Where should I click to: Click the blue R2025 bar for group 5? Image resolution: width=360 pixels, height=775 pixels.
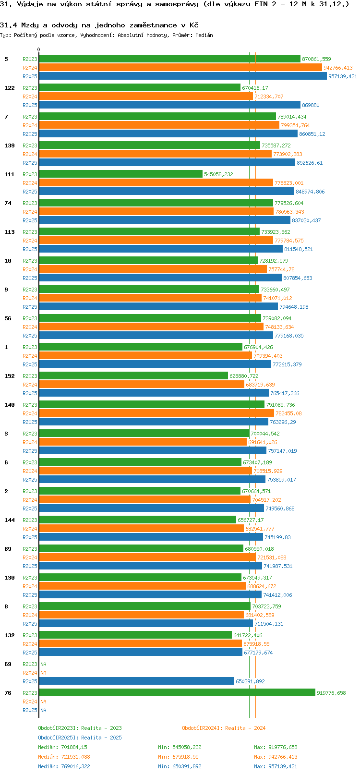182,76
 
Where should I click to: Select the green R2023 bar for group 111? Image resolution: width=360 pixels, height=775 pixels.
120,174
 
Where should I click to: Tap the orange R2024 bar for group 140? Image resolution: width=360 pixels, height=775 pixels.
156,413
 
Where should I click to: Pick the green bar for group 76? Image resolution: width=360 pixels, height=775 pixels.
177,693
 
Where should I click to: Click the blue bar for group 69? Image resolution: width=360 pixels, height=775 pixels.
136,681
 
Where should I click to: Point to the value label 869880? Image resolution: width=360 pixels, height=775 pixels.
311,105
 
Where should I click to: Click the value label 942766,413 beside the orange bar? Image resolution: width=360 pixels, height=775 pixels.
338,68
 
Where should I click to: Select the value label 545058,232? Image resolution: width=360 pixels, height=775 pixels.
218,174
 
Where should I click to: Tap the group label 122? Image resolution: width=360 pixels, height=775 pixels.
10,88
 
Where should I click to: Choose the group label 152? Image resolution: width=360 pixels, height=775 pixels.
10,376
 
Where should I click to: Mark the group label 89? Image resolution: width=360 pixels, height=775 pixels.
8,549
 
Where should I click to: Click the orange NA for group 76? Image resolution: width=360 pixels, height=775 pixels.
43,702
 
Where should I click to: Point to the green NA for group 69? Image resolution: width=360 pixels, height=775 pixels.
43,664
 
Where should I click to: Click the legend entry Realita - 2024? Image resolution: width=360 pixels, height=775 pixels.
224,728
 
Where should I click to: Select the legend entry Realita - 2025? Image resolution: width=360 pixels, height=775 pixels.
80,738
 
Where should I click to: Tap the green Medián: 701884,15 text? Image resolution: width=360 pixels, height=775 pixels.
62,747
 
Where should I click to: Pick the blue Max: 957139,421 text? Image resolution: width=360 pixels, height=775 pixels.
276,766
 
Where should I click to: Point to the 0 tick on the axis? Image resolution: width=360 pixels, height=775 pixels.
39,49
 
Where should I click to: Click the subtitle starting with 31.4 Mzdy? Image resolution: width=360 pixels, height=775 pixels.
99,25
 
